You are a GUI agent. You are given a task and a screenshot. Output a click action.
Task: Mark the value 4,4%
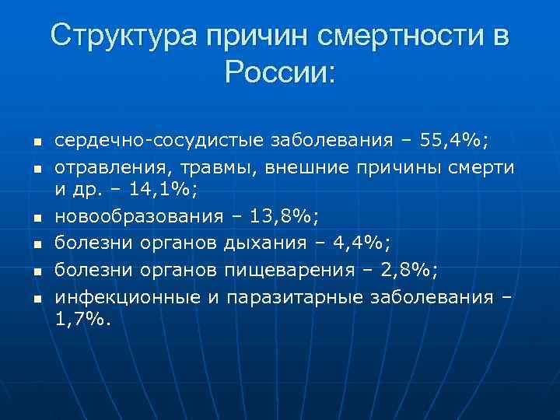point(359,243)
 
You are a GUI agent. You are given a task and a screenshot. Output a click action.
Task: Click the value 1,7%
point(83,319)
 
